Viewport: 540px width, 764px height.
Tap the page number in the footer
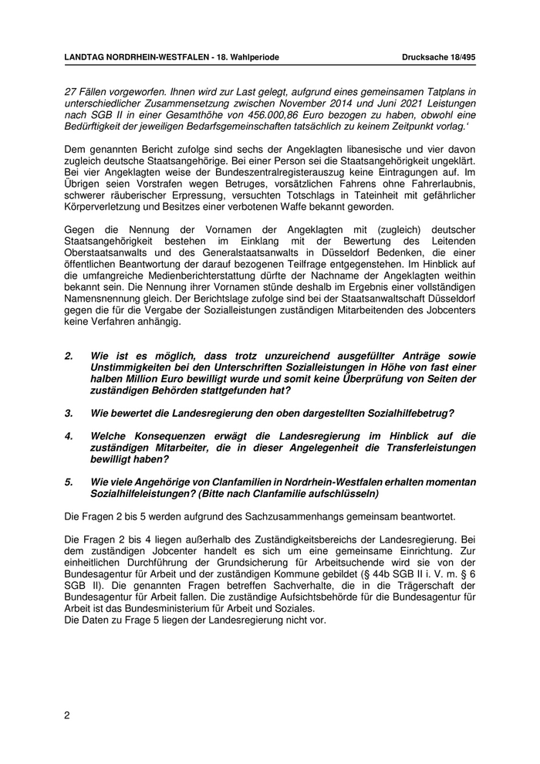point(67,715)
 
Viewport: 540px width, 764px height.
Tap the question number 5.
point(69,482)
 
